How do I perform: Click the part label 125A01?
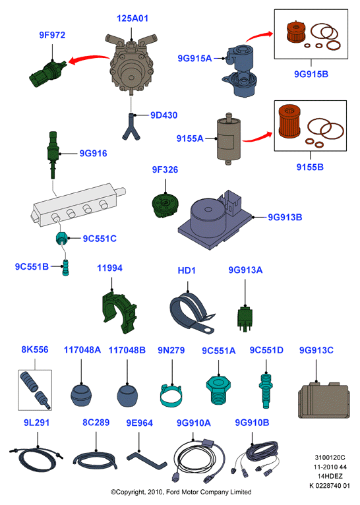(133, 18)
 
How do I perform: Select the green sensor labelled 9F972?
(47, 73)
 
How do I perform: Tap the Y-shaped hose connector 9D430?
(131, 127)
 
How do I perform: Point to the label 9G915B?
(311, 74)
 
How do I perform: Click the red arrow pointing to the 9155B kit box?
(258, 138)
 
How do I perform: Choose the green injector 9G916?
(53, 154)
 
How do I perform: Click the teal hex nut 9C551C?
(62, 239)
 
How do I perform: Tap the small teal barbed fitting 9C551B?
(66, 268)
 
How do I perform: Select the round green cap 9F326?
(165, 205)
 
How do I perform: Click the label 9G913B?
(285, 218)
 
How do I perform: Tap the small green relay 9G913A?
(245, 319)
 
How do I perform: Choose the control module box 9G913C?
(324, 400)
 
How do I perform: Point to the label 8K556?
(35, 349)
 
